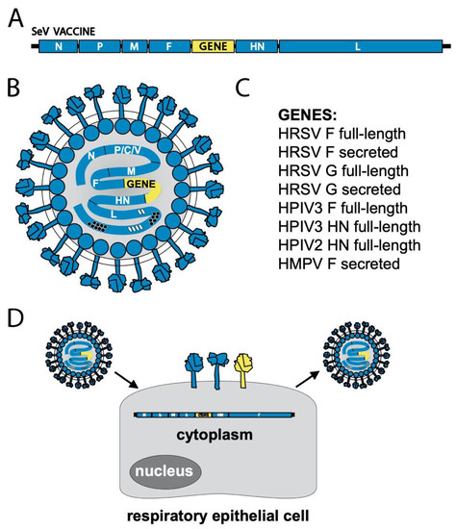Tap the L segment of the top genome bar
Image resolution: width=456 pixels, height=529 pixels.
pyautogui.click(x=359, y=45)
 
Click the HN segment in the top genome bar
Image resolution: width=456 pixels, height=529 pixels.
pyautogui.click(x=257, y=45)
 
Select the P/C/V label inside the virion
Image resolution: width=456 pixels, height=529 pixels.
pyautogui.click(x=128, y=151)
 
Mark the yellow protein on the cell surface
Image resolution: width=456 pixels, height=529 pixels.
pyautogui.click(x=247, y=370)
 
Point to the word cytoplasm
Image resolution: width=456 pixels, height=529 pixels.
pyautogui.click(x=227, y=435)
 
